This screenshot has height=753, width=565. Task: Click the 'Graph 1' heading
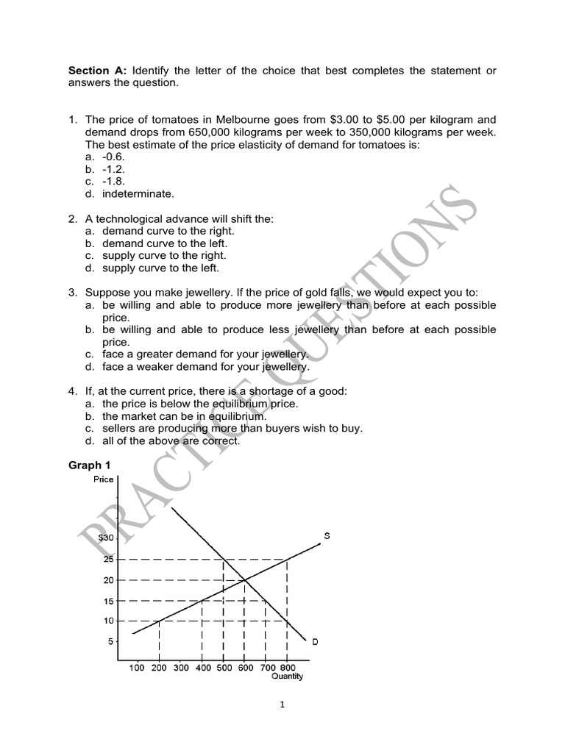tap(89, 465)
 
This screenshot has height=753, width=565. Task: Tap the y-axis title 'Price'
tap(104, 480)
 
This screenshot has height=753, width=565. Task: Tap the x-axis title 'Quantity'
tap(288, 677)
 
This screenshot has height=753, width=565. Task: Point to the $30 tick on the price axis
tap(106, 538)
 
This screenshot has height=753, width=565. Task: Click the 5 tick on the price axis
tap(111, 641)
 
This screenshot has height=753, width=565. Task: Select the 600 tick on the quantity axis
tap(245, 668)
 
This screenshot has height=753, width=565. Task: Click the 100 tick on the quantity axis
tap(137, 668)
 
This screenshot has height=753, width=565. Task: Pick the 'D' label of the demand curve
tap(315, 641)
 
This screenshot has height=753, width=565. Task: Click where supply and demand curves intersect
tap(245, 580)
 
